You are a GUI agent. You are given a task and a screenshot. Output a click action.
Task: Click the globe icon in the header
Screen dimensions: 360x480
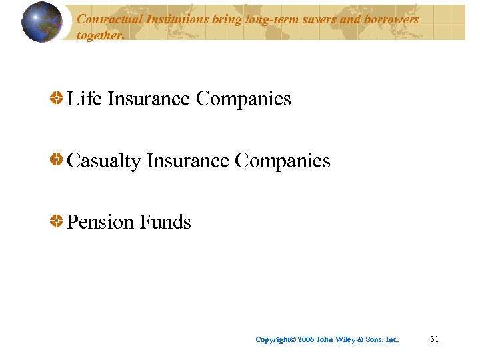pyautogui.click(x=42, y=22)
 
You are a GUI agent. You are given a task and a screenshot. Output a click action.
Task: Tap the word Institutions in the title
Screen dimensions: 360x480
pyautogui.click(x=173, y=19)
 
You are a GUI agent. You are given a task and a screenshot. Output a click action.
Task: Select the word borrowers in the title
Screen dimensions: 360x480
pyautogui.click(x=389, y=19)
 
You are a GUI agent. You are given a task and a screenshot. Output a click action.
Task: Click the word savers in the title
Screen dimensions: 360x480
pyautogui.click(x=315, y=19)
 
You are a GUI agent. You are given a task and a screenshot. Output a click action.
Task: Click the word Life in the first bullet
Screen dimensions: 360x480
pyautogui.click(x=85, y=99)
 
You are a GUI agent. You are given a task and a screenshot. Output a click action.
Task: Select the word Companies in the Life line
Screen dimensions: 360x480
pyautogui.click(x=243, y=99)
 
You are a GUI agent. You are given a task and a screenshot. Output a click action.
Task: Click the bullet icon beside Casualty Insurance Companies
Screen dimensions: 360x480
pyautogui.click(x=57, y=160)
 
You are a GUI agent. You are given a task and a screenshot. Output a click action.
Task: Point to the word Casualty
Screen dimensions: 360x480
pyautogui.click(x=104, y=161)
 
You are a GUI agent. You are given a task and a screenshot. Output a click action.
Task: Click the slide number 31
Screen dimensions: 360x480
pyautogui.click(x=434, y=339)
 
